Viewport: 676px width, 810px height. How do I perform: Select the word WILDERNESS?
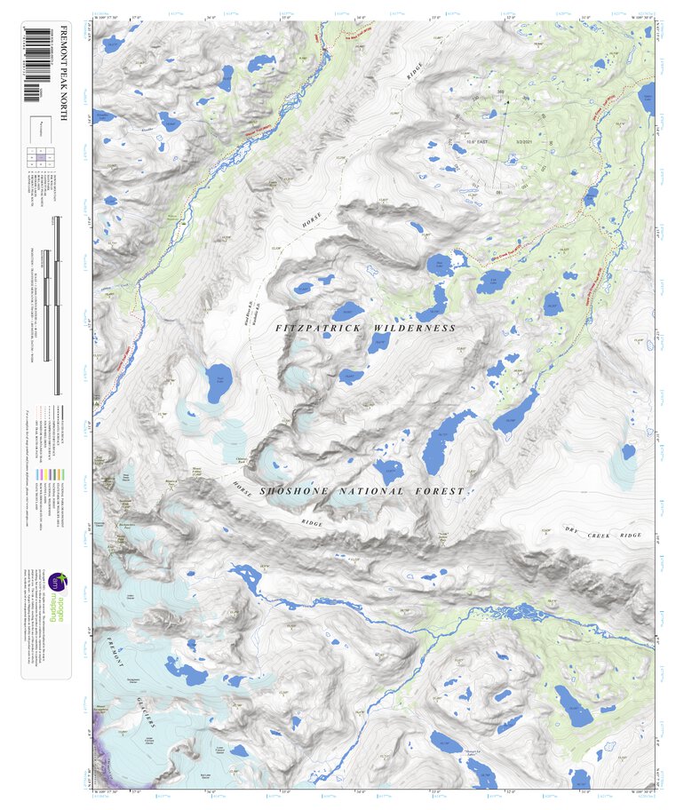(x=414, y=329)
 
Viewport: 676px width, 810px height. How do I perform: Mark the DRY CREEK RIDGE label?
(x=603, y=532)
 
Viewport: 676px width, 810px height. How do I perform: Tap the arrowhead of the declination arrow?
(x=507, y=102)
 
